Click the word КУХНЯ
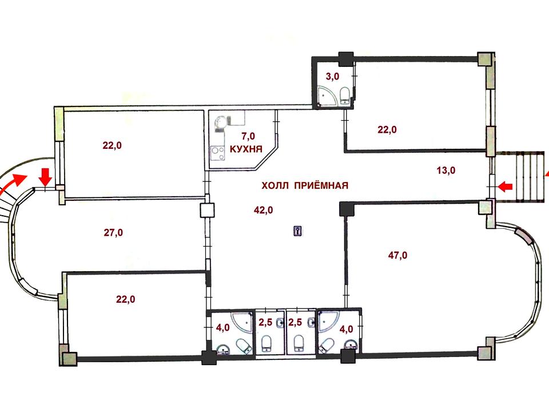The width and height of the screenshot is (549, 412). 246,149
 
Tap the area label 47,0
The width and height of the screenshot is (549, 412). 398,255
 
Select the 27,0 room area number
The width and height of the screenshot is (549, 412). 113,232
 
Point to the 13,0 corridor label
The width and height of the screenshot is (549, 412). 446,171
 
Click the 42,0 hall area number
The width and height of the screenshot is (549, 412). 263,210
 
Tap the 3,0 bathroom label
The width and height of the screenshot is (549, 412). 332,76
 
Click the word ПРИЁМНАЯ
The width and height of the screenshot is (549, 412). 321,185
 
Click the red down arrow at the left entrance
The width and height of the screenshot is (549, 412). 46,177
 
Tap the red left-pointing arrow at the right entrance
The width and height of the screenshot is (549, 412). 505,187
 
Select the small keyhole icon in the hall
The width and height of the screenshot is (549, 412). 298,231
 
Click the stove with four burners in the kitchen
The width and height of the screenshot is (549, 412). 217,153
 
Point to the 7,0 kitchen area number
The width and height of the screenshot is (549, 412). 248,136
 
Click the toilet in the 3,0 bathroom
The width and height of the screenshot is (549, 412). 345,96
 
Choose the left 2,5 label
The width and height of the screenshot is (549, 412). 265,322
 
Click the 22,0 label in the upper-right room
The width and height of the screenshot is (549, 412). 387,130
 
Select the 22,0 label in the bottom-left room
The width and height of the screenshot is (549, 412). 126,299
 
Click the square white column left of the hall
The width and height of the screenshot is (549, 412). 207,211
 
